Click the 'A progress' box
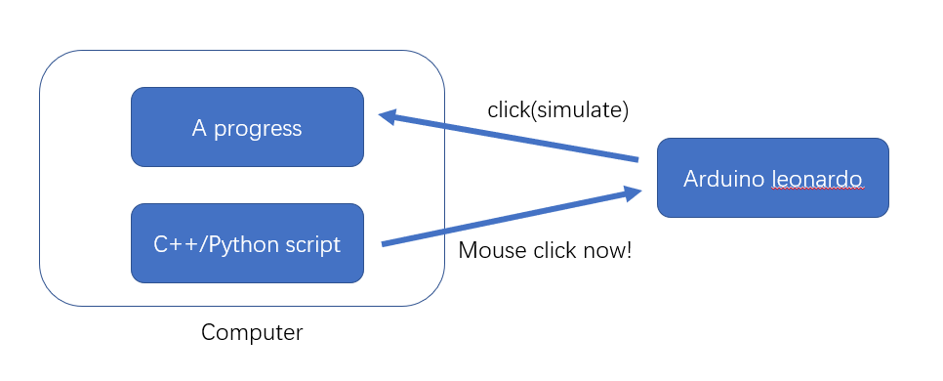pos(247,127)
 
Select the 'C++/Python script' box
pos(247,243)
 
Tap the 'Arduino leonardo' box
pos(773,178)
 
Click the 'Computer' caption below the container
pos(252,332)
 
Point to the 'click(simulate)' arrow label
pos(558,110)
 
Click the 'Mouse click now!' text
pos(545,250)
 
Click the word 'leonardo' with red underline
pos(817,179)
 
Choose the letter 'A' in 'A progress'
pos(199,128)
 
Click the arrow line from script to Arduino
pos(512,217)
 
